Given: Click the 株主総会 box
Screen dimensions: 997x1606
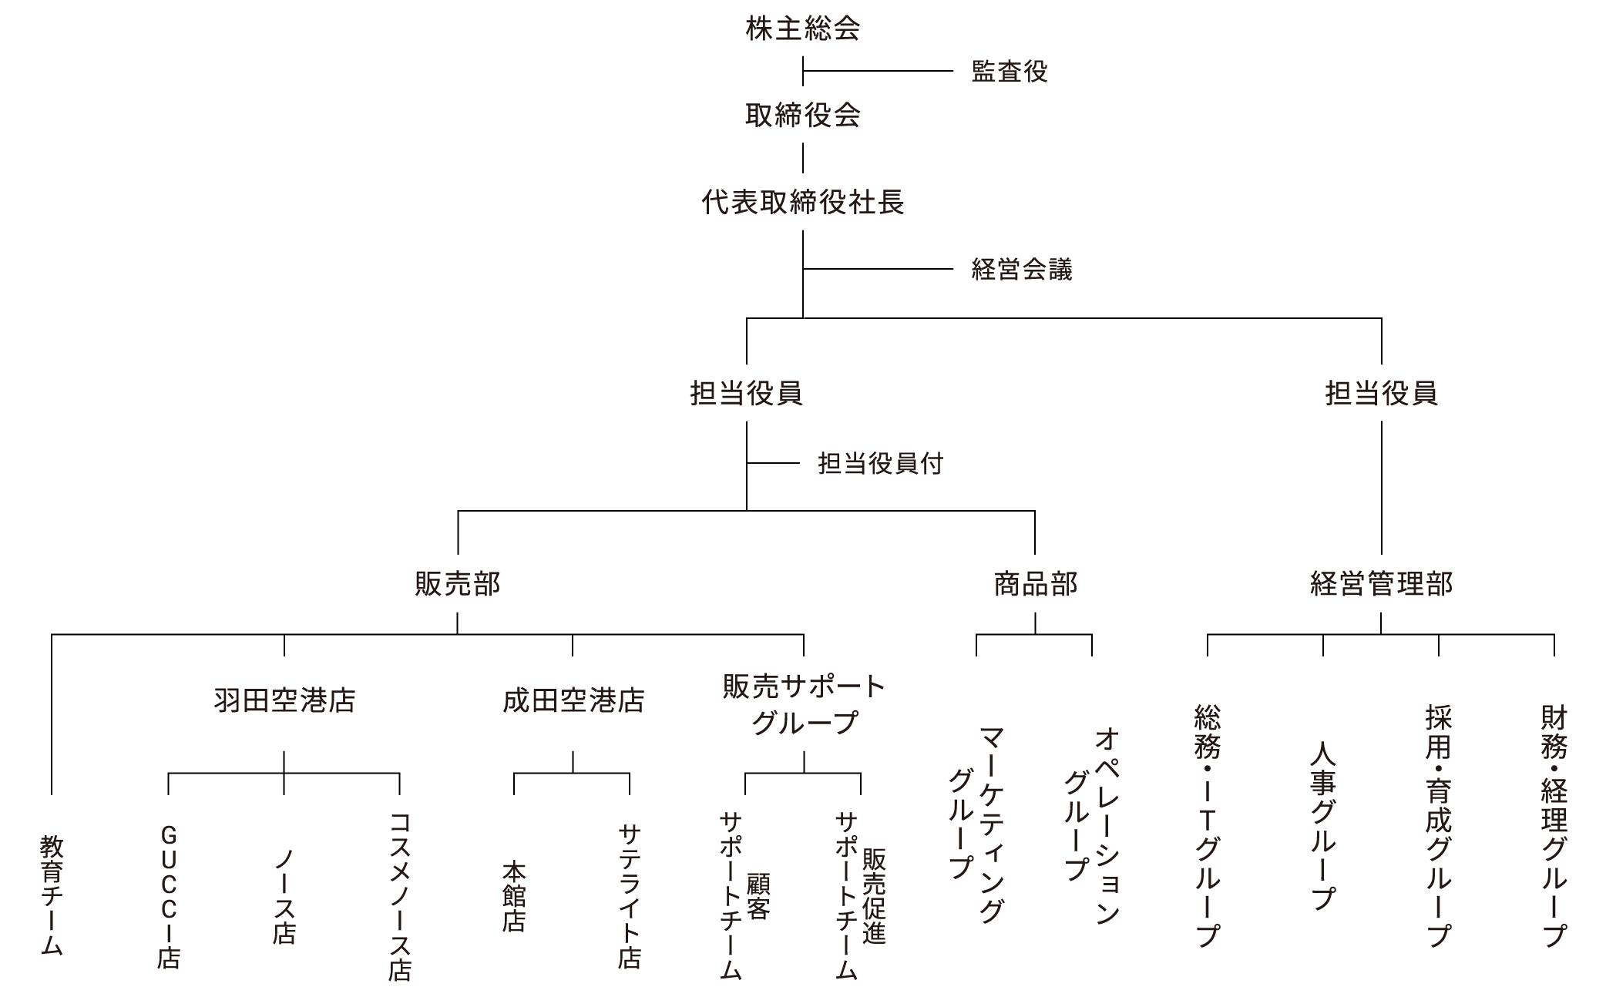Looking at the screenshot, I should (x=802, y=29).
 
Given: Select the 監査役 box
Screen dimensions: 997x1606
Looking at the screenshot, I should (x=1009, y=71).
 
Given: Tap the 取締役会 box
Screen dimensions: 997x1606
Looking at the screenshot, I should (x=802, y=115).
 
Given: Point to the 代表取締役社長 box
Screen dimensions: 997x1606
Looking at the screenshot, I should (x=802, y=202).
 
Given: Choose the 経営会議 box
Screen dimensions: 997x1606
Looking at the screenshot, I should (x=1021, y=269).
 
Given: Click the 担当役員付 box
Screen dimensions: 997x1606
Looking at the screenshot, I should (x=880, y=463).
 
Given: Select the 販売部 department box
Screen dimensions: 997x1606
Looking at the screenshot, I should (x=456, y=583).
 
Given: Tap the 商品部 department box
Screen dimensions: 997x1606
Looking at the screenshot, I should (x=1033, y=583).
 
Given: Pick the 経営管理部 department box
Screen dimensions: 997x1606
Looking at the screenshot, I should (x=1380, y=583).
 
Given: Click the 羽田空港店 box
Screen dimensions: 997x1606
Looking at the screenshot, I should (x=283, y=703).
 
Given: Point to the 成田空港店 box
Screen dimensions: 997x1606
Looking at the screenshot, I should (x=571, y=703).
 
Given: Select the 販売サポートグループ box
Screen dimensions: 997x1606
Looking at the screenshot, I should (x=802, y=703).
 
